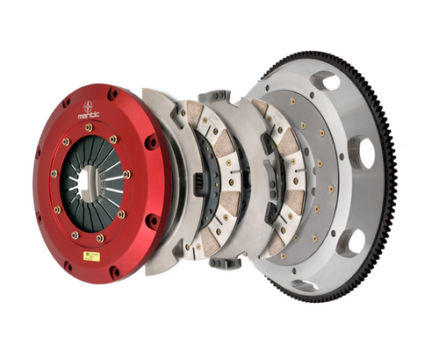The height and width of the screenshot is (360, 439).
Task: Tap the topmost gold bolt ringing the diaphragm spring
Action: pos(89,128)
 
